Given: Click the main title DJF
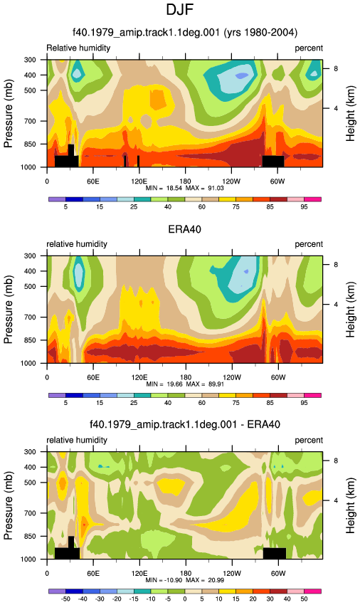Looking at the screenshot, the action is (x=179, y=9).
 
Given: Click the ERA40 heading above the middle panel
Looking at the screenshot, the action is (x=184, y=229).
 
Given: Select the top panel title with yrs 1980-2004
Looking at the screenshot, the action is (x=185, y=32).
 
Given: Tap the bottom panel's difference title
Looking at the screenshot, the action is (x=185, y=424).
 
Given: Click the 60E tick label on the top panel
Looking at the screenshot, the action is (x=93, y=181).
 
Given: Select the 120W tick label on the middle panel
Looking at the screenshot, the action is (x=232, y=377).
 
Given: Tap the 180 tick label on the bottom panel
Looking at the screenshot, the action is (x=185, y=574).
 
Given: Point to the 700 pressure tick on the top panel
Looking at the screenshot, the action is (x=30, y=121).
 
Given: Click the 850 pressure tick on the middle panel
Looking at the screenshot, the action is (x=30, y=340).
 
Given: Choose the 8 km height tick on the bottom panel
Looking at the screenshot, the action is (x=336, y=461).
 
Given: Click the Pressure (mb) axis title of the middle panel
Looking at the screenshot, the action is (x=8, y=310).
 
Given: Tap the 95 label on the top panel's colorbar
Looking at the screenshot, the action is (x=304, y=207).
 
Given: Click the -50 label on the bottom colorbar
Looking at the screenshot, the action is (x=65, y=599).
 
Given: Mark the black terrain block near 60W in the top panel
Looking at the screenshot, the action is (x=273, y=162).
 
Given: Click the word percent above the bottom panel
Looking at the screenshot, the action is (x=309, y=441).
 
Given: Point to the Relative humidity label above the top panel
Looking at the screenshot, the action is (x=78, y=48).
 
